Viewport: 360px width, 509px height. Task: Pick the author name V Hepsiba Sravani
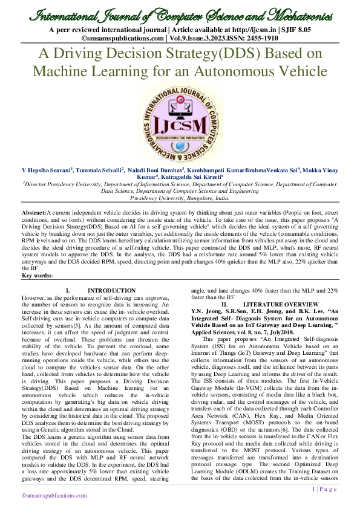click(x=47, y=172)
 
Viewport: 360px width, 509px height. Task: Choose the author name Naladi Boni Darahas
click(x=156, y=172)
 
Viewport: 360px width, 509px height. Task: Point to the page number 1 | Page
click(x=324, y=489)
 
